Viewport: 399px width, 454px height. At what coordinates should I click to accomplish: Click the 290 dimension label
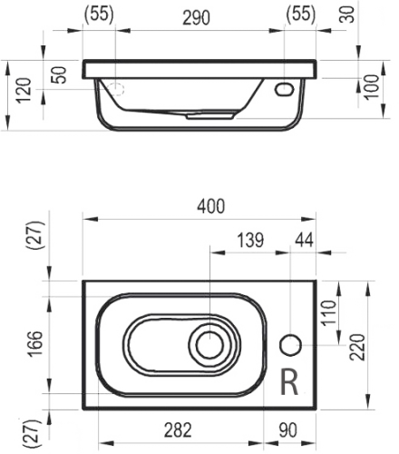point(196,17)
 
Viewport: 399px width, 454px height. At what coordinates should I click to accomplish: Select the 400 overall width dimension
point(211,206)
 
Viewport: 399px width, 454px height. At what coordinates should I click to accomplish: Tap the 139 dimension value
point(250,240)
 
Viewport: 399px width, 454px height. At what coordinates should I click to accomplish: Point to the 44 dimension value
point(304,240)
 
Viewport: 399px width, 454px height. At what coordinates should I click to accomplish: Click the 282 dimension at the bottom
point(178,430)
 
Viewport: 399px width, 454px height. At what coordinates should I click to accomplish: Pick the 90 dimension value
point(288,430)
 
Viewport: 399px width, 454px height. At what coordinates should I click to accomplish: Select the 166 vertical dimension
point(35,344)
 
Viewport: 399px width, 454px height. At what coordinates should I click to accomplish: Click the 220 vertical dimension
point(357,347)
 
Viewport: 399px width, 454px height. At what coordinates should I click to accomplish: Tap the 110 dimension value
point(329,313)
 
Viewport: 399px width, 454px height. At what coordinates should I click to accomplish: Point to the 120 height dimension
point(24,91)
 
